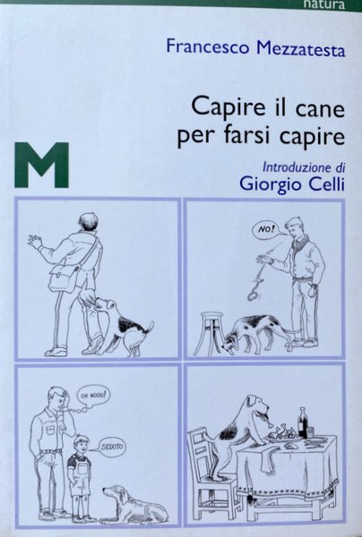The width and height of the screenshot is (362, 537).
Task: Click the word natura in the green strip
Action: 323,4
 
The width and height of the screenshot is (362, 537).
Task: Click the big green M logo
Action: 42,165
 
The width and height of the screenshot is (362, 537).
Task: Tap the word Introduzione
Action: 293,167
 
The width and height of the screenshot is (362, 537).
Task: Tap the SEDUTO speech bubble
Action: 112,447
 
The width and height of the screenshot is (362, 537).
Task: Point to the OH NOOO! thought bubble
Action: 94,396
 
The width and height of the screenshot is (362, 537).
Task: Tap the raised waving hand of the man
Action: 35,242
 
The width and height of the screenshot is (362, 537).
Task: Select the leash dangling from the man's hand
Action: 258,280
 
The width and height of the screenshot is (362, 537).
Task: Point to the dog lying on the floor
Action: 134,503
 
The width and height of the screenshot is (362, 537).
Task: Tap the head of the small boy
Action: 81,445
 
